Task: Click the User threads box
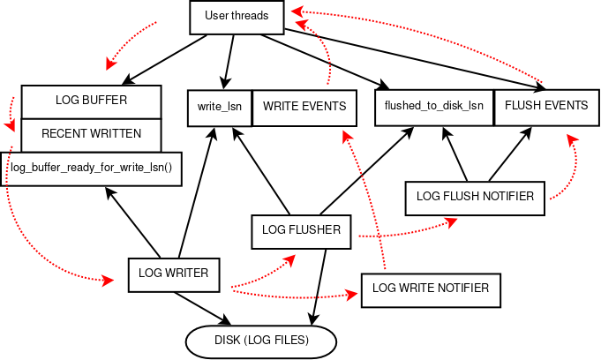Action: [237, 16]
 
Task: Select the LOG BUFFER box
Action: [91, 101]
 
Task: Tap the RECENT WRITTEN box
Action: [91, 134]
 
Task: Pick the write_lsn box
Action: [220, 107]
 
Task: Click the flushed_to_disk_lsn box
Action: [433, 106]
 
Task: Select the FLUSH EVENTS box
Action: [545, 106]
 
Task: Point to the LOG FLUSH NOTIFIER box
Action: [475, 197]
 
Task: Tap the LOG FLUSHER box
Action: [302, 230]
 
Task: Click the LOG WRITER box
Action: [173, 274]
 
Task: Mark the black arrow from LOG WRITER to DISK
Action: [200, 307]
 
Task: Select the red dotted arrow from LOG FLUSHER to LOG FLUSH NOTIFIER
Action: [406, 232]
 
